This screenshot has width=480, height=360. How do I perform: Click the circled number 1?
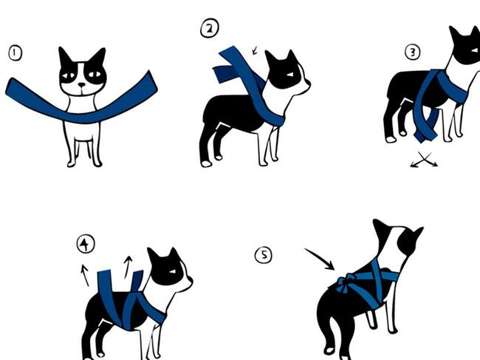coord(15,53)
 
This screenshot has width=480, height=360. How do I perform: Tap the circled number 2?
coord(210,28)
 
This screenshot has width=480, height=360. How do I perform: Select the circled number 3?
coord(413,52)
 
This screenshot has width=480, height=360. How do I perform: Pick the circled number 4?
coord(86,244)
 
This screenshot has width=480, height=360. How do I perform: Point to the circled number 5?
coord(264,255)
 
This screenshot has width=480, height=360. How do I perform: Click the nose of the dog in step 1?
coord(82,84)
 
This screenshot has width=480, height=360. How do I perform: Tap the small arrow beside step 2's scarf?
coord(255,50)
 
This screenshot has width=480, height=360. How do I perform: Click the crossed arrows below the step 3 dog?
coord(424,160)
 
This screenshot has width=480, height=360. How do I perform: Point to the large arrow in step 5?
coord(319,259)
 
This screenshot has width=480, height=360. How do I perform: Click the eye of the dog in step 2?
coord(289,75)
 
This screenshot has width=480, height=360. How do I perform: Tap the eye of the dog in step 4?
coord(172,271)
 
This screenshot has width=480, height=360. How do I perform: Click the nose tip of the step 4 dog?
coord(191,279)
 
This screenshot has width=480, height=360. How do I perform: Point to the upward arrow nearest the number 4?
coord(85,275)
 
